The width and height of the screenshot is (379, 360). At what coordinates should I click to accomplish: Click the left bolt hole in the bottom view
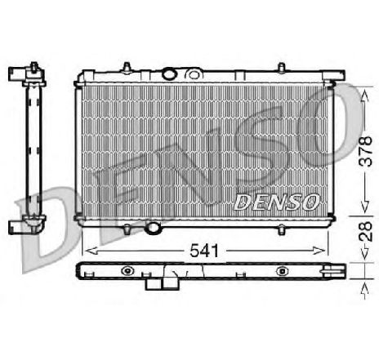(125, 271)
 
